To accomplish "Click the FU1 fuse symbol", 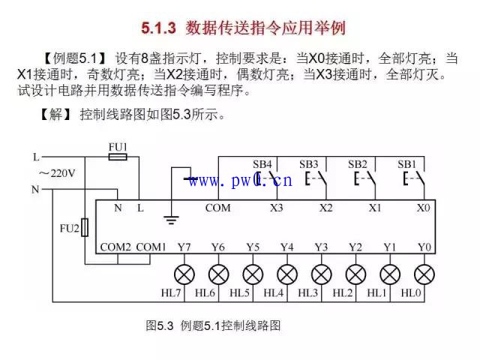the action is point(118,157).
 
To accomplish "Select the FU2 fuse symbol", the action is point(85,227).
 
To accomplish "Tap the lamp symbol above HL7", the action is point(184,274).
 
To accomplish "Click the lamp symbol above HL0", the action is point(424,274).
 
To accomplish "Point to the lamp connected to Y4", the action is point(287,274).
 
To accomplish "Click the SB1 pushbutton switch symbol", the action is point(414,179).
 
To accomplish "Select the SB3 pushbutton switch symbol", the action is point(316,179).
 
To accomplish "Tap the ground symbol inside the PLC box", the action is point(171,220).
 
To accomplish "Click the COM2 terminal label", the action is point(115,247).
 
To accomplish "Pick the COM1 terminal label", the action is point(151,247).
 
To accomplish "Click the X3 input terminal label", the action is point(277,208).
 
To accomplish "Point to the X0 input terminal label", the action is point(423,208).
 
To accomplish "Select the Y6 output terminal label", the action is point(218,247).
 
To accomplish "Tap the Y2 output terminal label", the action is point(355,247).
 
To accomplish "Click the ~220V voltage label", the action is point(57,173).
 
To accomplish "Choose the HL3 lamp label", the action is point(308,293).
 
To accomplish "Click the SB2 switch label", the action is point(358,164).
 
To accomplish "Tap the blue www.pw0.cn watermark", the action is point(240,180).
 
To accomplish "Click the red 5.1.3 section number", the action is point(158,28).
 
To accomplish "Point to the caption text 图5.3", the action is point(160,325).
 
